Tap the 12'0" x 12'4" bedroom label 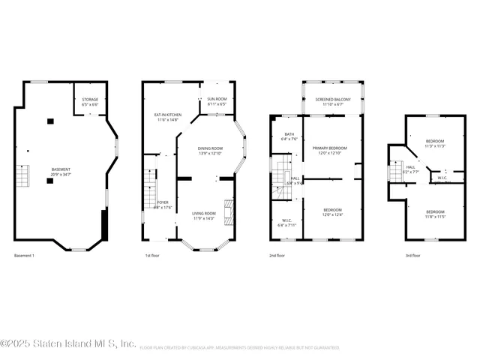pyautogui.click(x=332, y=212)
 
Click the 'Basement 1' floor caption pyautogui.click(x=25, y=256)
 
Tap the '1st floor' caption pyautogui.click(x=152, y=256)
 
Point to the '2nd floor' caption pyautogui.click(x=277, y=256)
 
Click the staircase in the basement pyautogui.click(x=22, y=178)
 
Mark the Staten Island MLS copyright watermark pyautogui.click(x=69, y=344)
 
